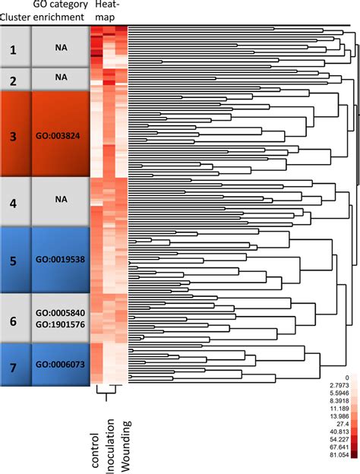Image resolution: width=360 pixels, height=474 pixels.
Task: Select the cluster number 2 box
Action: pos(14,79)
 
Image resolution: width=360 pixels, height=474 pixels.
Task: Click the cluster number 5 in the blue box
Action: pos(14,258)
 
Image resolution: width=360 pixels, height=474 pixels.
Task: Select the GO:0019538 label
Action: pos(61,259)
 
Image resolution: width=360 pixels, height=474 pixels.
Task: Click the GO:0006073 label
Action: pos(61,365)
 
